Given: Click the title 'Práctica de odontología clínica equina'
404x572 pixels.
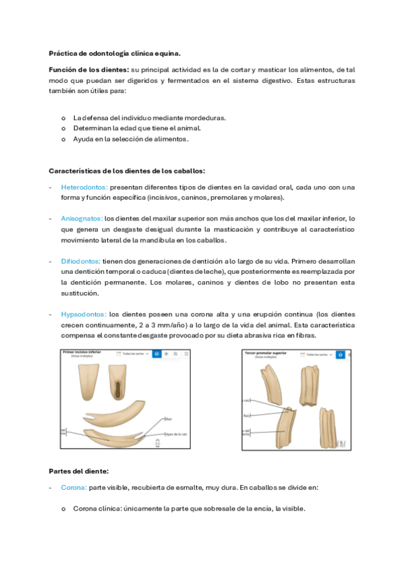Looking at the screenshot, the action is click(x=115, y=53).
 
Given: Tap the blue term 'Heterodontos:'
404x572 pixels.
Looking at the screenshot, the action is click(x=84, y=187).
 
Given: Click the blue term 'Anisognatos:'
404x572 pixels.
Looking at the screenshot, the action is click(x=82, y=219).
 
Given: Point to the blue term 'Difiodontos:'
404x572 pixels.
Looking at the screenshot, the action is click(x=80, y=261).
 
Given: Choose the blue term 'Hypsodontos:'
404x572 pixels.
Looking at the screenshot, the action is click(x=83, y=314).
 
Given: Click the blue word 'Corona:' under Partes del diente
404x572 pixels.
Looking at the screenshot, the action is click(x=73, y=487).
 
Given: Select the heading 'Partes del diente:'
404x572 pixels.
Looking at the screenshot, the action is click(x=80, y=470).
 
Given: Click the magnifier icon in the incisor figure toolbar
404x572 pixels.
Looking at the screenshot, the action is click(x=175, y=353).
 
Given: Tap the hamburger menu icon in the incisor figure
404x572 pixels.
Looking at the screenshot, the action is click(x=187, y=353).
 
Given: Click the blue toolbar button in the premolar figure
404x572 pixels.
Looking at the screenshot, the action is click(x=341, y=354).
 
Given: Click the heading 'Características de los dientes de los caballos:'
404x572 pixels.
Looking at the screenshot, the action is click(x=127, y=171).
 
